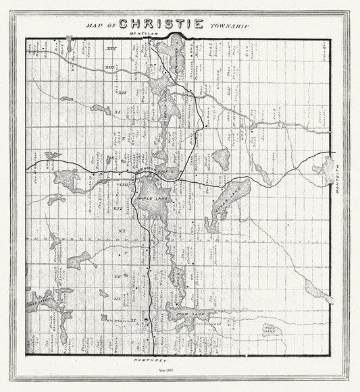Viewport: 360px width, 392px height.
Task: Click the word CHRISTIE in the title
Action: pos(161,24)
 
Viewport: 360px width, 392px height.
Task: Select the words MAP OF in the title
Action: pos(101,26)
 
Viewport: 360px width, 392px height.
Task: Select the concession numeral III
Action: pos(117,298)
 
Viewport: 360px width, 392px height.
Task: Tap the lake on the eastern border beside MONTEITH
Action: pos(327,169)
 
